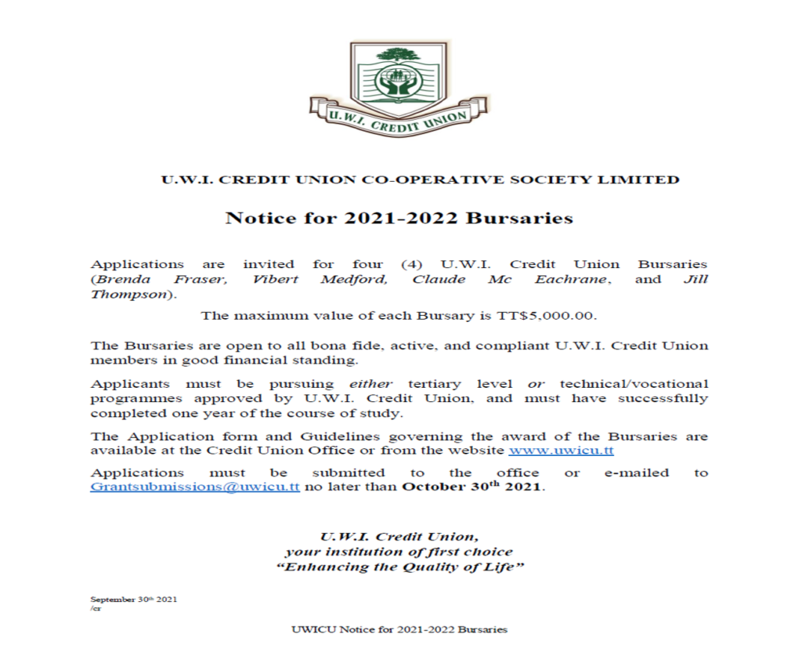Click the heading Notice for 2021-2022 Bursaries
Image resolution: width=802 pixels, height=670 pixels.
click(399, 218)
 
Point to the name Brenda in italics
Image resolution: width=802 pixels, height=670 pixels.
click(117, 280)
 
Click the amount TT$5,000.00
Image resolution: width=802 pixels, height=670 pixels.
click(546, 317)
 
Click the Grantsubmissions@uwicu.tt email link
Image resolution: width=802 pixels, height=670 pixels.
click(195, 487)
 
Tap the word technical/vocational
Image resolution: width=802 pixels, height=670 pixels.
click(634, 384)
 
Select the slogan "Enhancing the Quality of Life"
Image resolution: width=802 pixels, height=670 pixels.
click(399, 567)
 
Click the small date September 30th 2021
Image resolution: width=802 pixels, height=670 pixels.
click(134, 599)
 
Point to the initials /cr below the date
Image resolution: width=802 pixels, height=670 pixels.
click(96, 608)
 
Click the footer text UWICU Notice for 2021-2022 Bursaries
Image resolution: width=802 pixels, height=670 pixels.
click(399, 629)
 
